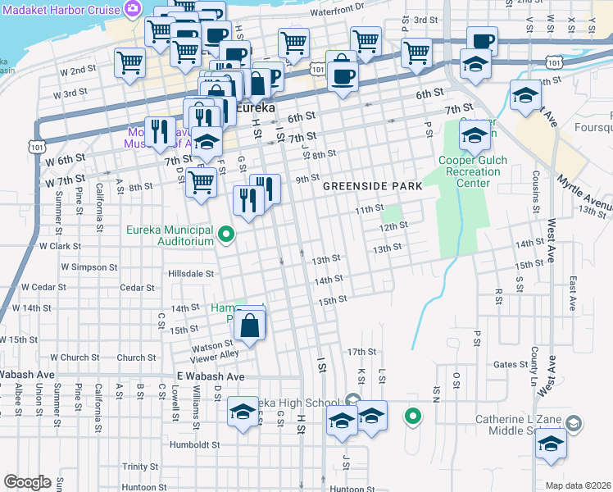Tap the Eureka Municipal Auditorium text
click(x=170, y=236)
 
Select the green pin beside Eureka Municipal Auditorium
click(x=230, y=237)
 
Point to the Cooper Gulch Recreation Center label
click(x=468, y=171)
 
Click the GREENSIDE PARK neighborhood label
click(x=372, y=186)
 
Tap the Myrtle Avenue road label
click(x=583, y=194)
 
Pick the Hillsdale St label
click(x=191, y=274)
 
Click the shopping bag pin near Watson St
click(x=248, y=328)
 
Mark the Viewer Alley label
click(x=214, y=354)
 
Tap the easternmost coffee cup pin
click(x=482, y=39)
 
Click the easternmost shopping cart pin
click(x=417, y=52)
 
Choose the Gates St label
click(x=510, y=364)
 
